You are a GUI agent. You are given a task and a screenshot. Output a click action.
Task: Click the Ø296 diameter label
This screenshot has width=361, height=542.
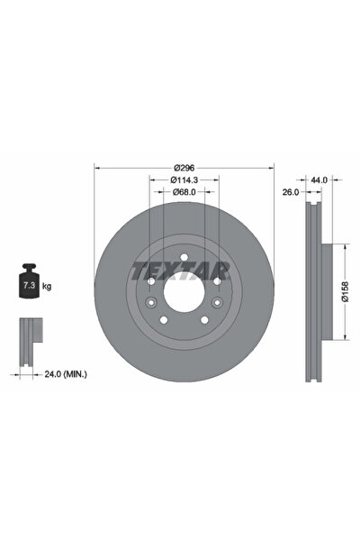point(185,168)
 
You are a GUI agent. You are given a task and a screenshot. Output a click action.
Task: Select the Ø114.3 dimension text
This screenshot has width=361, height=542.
point(184,179)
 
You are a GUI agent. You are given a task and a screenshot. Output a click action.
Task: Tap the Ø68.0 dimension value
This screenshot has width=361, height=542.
point(184,192)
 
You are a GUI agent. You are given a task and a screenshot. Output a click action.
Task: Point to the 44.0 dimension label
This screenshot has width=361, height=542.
point(319,179)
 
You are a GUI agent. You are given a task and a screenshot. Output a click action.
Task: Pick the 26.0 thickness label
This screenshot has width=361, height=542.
point(291,192)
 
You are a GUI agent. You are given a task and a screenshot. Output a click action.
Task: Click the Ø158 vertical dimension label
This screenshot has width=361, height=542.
point(345,292)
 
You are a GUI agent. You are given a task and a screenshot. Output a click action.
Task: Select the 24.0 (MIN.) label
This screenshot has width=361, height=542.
point(66,374)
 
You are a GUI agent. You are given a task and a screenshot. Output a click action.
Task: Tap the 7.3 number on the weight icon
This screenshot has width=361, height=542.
point(29,286)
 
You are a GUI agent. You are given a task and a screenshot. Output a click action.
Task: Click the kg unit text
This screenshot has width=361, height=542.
point(47,286)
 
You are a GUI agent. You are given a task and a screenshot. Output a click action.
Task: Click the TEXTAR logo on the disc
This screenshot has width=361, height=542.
point(180,271)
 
